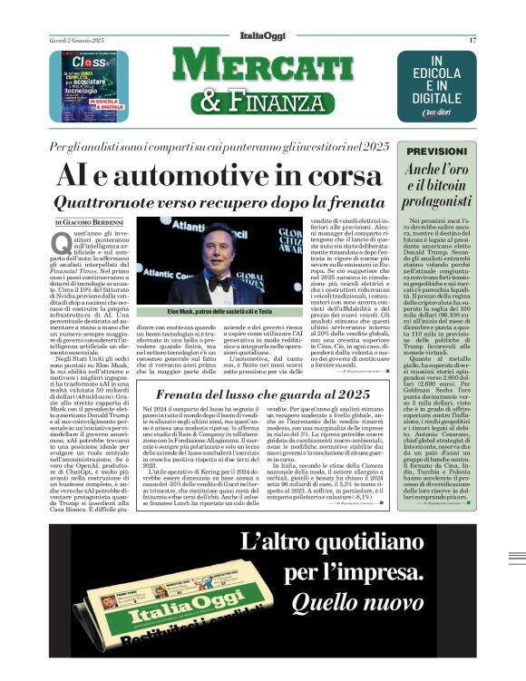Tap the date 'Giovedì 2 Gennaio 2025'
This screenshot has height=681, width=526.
click(78, 41)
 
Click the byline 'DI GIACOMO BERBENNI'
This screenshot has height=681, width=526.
click(91, 221)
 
